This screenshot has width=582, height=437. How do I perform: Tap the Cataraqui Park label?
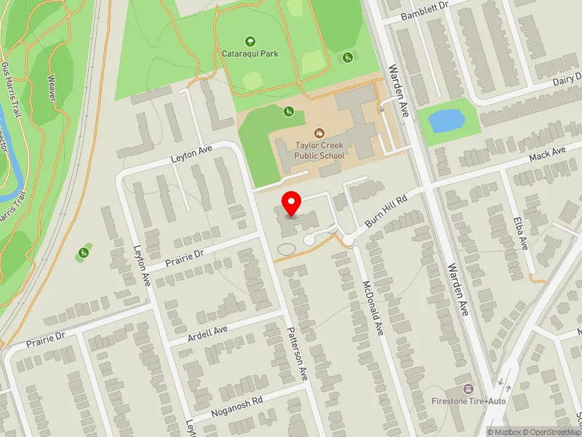click(x=251, y=53)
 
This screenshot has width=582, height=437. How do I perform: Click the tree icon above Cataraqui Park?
click(x=251, y=42)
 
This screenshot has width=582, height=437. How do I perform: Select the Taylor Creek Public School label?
click(x=319, y=149)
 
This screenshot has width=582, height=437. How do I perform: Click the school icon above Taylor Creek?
click(x=319, y=133)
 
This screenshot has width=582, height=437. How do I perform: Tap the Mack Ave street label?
click(x=548, y=154)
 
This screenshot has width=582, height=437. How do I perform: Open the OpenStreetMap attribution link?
click(x=555, y=432)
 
